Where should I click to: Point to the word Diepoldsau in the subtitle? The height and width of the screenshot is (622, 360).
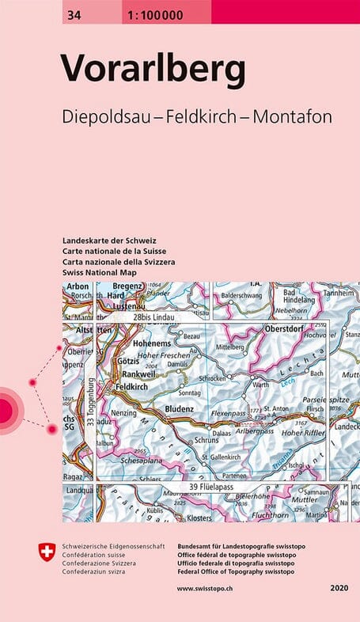(x=108, y=116)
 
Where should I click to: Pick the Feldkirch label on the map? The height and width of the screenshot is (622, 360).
(x=132, y=386)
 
